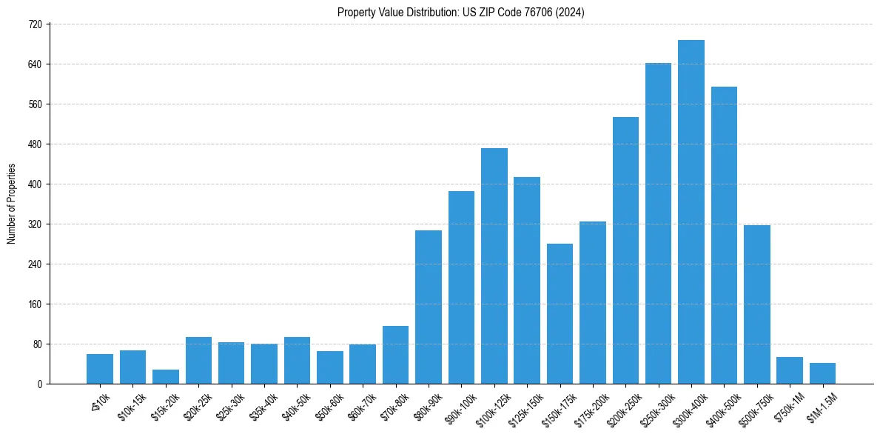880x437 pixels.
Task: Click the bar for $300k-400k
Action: (x=691, y=212)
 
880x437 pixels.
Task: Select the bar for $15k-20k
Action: (x=166, y=376)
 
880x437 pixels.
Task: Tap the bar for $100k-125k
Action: (x=494, y=266)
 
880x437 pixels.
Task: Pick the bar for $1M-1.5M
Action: (x=822, y=373)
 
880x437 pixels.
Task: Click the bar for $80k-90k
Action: (x=428, y=307)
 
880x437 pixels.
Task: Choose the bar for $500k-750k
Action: (x=756, y=304)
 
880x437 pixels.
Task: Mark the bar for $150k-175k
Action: (x=560, y=313)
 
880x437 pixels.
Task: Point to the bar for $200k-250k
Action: (x=625, y=250)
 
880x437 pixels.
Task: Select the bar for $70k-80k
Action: (x=395, y=355)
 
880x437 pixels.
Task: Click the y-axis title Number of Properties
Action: (x=11, y=204)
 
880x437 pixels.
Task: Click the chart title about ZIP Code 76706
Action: (x=461, y=12)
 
